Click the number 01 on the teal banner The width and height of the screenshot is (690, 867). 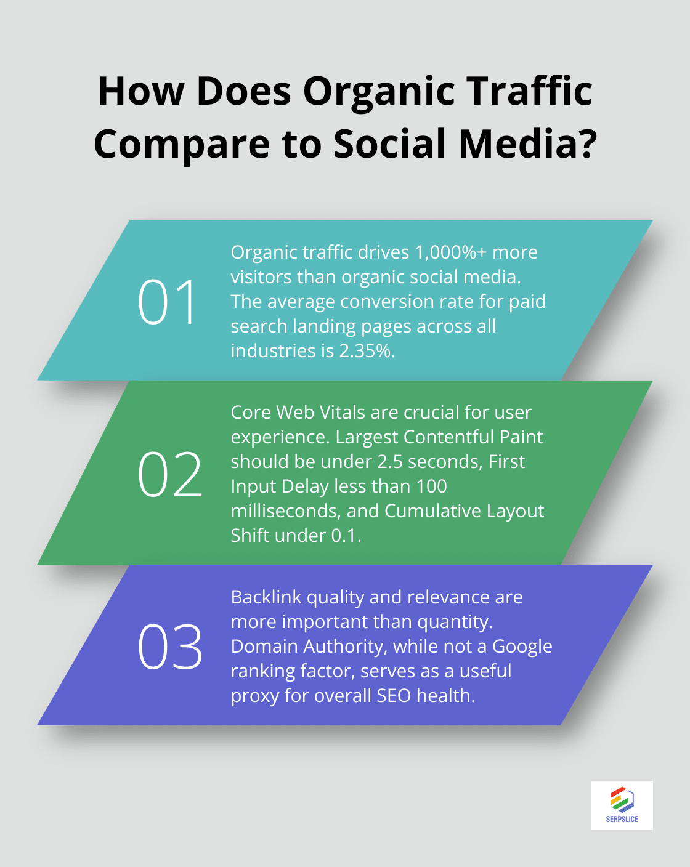(167, 302)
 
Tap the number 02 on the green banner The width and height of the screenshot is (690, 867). (169, 474)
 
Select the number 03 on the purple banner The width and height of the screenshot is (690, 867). (169, 647)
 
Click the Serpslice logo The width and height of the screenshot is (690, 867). (622, 805)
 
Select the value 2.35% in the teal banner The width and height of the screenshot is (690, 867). (367, 351)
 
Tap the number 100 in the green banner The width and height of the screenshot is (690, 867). (431, 486)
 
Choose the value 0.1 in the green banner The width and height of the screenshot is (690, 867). (344, 536)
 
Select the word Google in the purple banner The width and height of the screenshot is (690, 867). (522, 647)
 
